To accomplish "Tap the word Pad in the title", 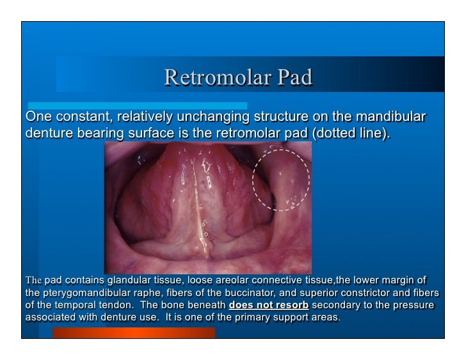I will click(294, 77).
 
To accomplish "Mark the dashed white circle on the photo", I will click(282, 180).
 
